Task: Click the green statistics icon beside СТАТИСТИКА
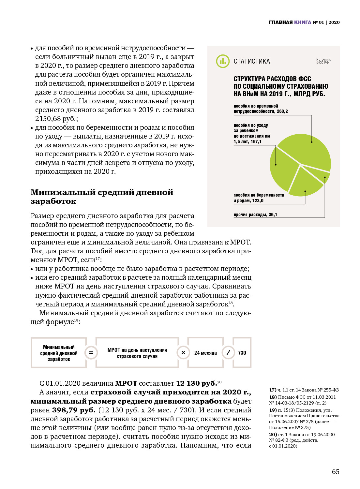[x=223, y=61]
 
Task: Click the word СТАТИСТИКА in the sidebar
[x=251, y=61]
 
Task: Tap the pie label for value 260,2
[x=261, y=109]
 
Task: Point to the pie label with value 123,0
[x=259, y=198]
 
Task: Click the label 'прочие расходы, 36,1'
[x=255, y=215]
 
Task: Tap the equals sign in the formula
[x=91, y=353]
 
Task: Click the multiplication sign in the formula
[x=183, y=353]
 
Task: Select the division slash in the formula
[x=228, y=353]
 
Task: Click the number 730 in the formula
[x=242, y=353]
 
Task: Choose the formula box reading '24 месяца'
[x=205, y=353]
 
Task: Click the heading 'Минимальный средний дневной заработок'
[x=102, y=197]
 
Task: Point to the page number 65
[x=336, y=471]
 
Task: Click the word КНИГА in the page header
[x=303, y=22]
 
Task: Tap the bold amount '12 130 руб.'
[x=196, y=383]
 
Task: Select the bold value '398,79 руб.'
[x=74, y=410]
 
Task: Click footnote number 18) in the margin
[x=273, y=397]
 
